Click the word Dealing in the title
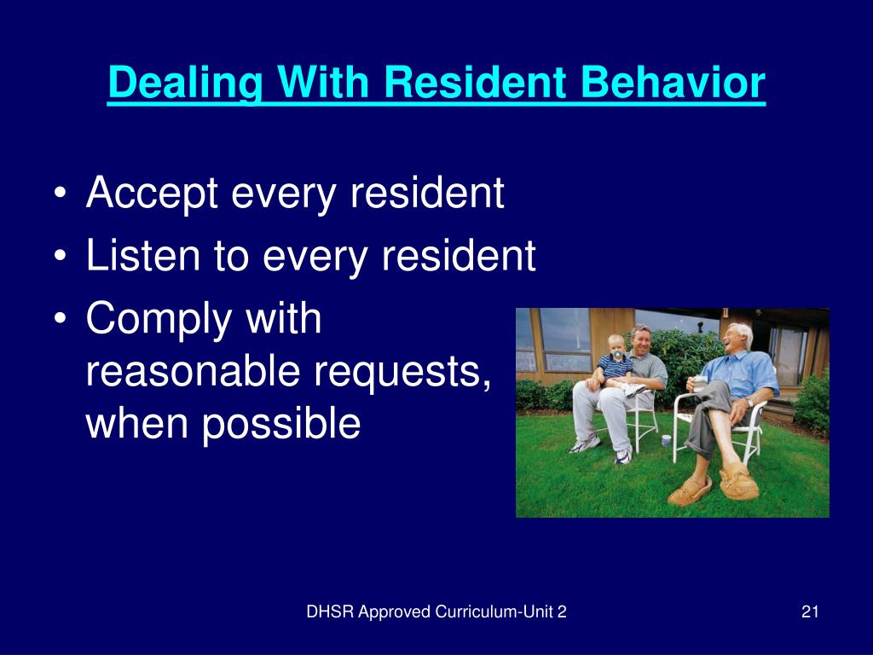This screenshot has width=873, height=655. click(x=185, y=84)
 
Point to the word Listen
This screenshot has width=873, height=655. click(x=142, y=255)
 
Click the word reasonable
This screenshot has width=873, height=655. click(x=193, y=372)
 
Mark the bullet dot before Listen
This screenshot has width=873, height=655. click(x=61, y=258)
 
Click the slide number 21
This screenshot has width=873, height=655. click(x=810, y=612)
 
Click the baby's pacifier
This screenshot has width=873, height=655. click(x=617, y=355)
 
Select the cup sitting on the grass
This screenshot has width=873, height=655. click(x=666, y=441)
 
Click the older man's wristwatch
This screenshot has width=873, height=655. click(x=750, y=402)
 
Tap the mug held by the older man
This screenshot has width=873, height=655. click(x=699, y=384)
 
